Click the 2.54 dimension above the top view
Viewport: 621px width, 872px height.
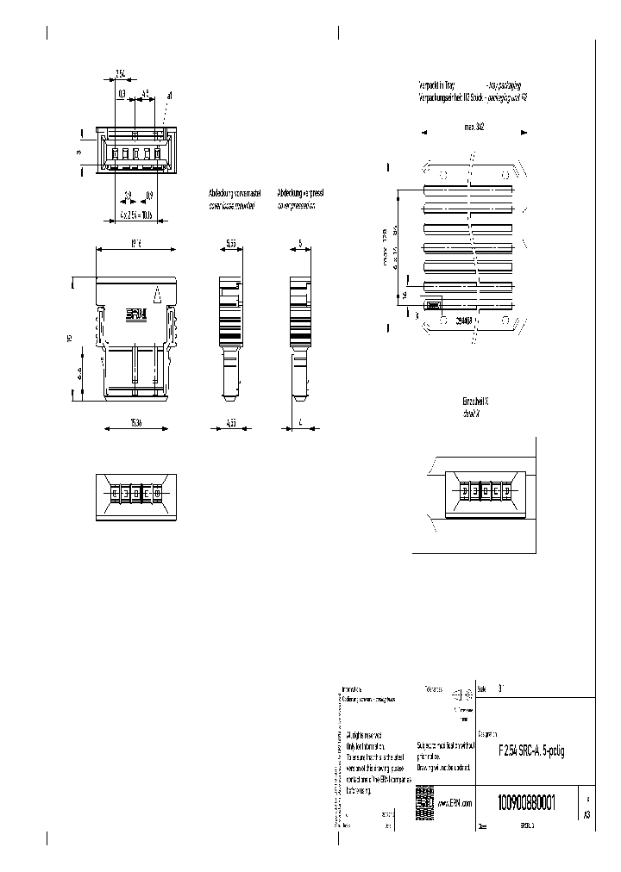click(x=122, y=74)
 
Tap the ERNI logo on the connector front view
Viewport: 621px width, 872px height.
click(x=137, y=315)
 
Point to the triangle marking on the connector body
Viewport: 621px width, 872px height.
click(x=157, y=296)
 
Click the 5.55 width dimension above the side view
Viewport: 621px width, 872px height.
click(x=231, y=244)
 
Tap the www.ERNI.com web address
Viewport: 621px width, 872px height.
click(x=455, y=803)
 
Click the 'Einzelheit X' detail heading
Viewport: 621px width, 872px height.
click(x=476, y=402)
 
